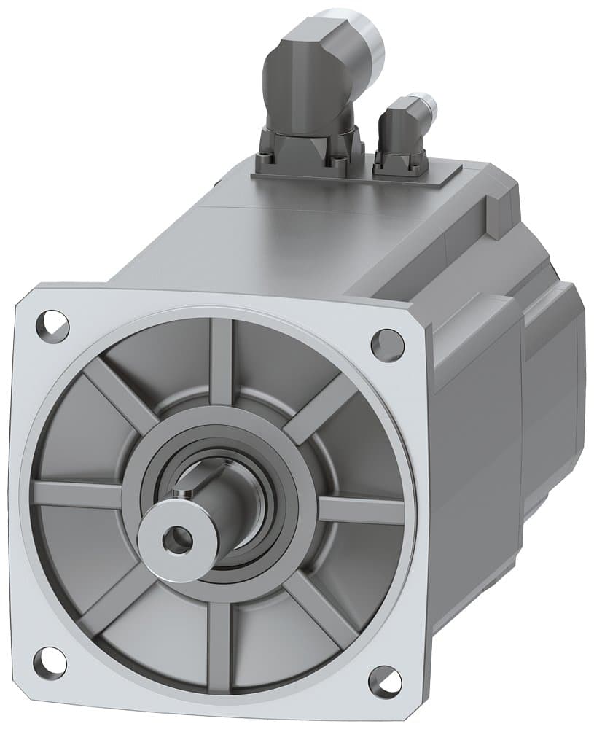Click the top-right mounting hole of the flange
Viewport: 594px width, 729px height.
point(387,344)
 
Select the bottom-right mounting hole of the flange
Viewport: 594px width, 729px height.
point(384,682)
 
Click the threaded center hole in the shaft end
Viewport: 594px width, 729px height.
point(178,540)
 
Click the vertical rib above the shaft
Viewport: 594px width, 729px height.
point(222,361)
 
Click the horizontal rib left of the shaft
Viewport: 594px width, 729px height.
point(77,494)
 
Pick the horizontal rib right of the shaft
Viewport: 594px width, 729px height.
point(361,509)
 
